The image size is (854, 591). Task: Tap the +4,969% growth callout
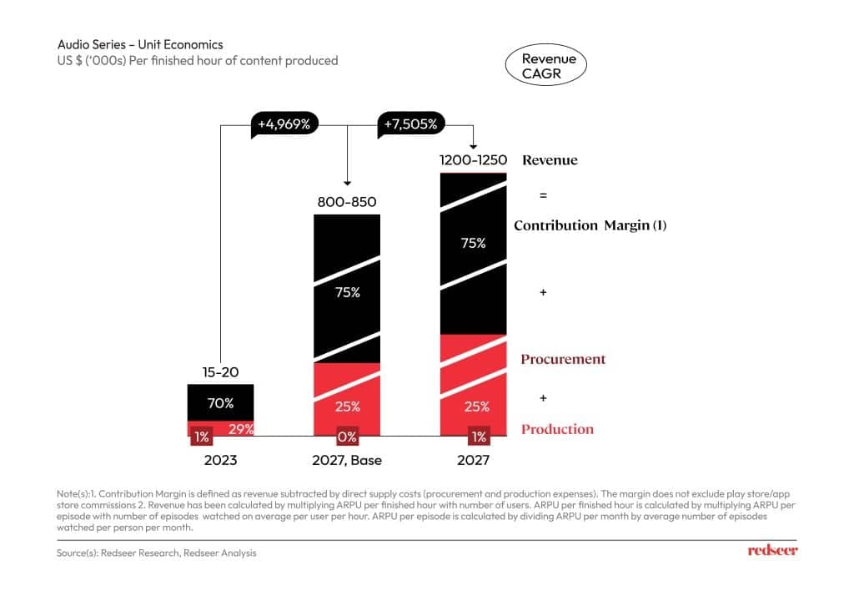(x=284, y=124)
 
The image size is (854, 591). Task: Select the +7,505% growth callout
(x=409, y=124)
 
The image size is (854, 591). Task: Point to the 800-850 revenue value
(x=347, y=202)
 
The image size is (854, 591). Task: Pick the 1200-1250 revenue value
(x=474, y=159)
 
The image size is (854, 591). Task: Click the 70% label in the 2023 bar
(x=220, y=403)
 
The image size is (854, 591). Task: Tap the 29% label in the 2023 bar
(x=240, y=429)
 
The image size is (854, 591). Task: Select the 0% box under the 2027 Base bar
(x=347, y=437)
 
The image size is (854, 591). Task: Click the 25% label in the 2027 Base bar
(x=347, y=407)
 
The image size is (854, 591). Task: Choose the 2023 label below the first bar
(x=220, y=460)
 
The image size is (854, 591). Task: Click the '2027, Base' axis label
(x=347, y=460)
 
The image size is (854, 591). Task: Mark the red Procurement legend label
(x=563, y=359)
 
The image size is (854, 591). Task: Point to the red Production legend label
(x=557, y=429)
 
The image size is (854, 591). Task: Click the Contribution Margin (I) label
(x=590, y=225)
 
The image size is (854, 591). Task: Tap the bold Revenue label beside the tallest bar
(x=550, y=159)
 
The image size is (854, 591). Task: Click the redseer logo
(x=772, y=551)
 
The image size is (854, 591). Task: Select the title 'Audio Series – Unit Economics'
(x=140, y=44)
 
